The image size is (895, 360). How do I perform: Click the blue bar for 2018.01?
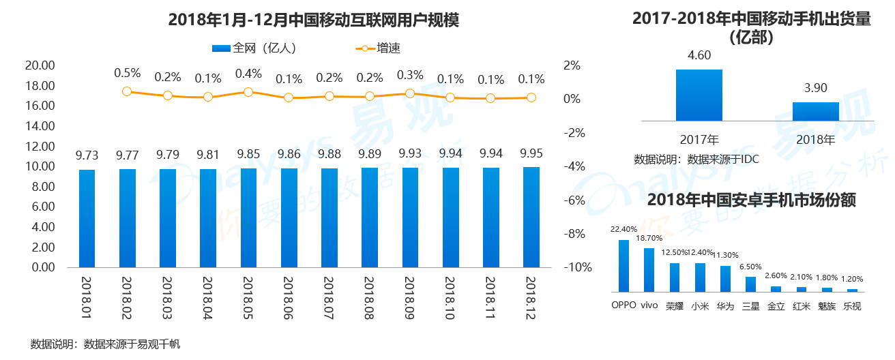pyautogui.click(x=87, y=218)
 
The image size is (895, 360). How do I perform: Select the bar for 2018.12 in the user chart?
pyautogui.click(x=531, y=217)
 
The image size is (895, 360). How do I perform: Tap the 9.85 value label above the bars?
pyautogui.click(x=248, y=153)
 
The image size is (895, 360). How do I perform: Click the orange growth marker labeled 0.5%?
pyautogui.click(x=127, y=91)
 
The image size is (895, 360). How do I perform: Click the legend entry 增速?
pyautogui.click(x=381, y=48)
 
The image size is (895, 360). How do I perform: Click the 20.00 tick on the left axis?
pyautogui.click(x=39, y=65)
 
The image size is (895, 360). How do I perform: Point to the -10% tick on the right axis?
pyautogui.click(x=578, y=267)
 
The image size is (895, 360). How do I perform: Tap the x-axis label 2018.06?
pyautogui.click(x=289, y=296)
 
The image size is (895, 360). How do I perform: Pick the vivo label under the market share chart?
pyautogui.click(x=649, y=305)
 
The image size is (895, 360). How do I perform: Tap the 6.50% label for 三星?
pyautogui.click(x=751, y=267)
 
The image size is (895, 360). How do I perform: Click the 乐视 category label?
pyautogui.click(x=852, y=306)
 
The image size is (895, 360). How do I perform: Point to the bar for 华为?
pyautogui.click(x=725, y=279)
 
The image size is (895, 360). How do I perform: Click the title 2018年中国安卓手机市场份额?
pyautogui.click(x=751, y=200)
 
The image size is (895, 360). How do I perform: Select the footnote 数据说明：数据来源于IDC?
pyautogui.click(x=696, y=160)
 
